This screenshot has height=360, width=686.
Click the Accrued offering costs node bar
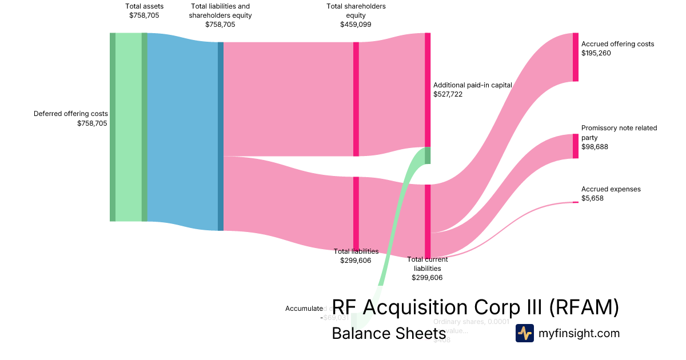pyautogui.click(x=575, y=57)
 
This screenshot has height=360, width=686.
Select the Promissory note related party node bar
pyautogui.click(x=575, y=146)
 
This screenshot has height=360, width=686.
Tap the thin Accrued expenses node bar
pyautogui.click(x=575, y=202)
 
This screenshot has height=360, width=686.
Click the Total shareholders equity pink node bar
pyautogui.click(x=356, y=99)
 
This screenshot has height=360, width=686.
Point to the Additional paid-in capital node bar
pyautogui.click(x=428, y=90)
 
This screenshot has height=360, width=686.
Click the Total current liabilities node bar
pyautogui.click(x=428, y=221)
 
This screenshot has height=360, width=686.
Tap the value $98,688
pyautogui.click(x=595, y=147)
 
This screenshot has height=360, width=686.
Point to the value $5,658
pyautogui.click(x=593, y=198)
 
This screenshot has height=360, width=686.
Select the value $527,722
pyautogui.click(x=448, y=94)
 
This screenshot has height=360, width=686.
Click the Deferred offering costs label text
pyautogui.click(x=71, y=114)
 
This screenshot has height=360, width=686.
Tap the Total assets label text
pyautogui.click(x=144, y=6)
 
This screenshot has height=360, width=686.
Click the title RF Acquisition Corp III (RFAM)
pyautogui.click(x=475, y=308)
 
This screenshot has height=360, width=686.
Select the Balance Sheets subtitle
pyautogui.click(x=384, y=334)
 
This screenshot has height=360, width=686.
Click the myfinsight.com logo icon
pyautogui.click(x=524, y=333)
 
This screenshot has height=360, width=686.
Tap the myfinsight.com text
pyautogui.click(x=579, y=333)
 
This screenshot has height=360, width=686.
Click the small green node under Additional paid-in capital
pyautogui.click(x=428, y=155)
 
